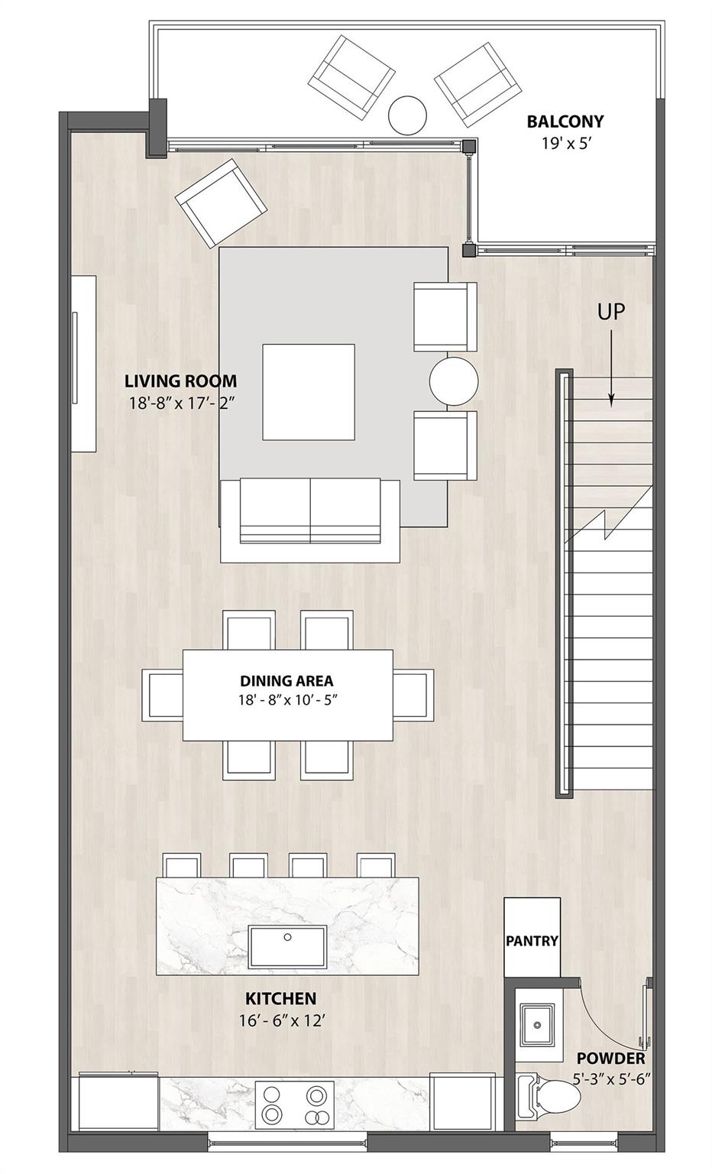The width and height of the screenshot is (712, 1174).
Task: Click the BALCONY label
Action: [x=565, y=121]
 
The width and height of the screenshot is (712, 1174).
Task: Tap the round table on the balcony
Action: [x=407, y=115]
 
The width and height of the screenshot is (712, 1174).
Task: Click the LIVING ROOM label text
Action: [x=180, y=381]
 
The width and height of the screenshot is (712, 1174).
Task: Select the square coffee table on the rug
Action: [x=309, y=392]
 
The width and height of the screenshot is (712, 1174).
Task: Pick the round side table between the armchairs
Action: [x=454, y=381]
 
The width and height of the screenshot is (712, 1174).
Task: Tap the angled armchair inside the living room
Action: [x=221, y=203]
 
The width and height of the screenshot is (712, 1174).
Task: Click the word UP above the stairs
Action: [x=611, y=312]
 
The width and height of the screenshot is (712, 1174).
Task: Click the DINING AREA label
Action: [x=286, y=680]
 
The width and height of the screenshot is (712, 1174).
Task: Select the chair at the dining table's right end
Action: [x=413, y=694]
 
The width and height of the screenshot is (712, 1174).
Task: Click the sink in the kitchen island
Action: [x=288, y=946]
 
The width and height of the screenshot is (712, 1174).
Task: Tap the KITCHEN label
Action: [x=280, y=998]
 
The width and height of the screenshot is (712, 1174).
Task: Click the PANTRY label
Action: [x=532, y=941]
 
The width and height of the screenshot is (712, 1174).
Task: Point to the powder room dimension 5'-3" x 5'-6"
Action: [x=611, y=1079]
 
